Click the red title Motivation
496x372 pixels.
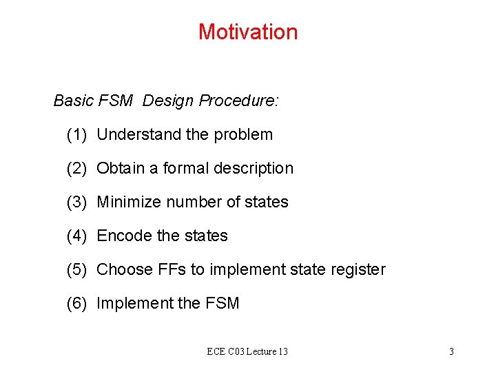248,32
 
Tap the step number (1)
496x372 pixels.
76,134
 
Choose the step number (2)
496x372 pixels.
76,168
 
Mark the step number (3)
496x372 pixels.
76,202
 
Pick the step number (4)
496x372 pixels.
76,236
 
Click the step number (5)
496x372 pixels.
76,269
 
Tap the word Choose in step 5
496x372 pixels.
121,269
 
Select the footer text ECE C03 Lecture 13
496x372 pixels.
247,352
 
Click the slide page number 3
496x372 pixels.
451,352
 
